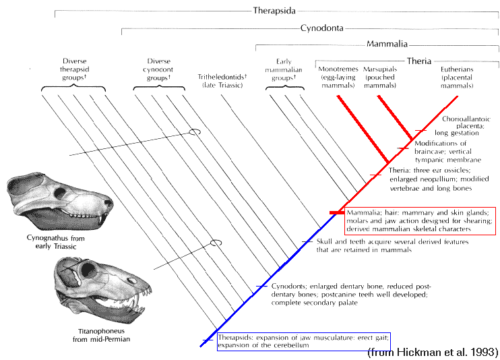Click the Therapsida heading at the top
point(274,11)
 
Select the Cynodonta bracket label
point(321,28)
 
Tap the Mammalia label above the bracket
point(387,43)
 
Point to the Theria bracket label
point(419,61)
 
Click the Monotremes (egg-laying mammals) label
point(338,78)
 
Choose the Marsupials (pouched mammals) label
point(380,78)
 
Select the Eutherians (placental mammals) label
point(457,78)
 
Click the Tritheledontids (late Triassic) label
point(222,81)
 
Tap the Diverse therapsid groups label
point(74,69)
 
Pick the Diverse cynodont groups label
point(158,69)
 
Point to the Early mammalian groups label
point(284,69)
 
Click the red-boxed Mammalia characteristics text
point(419,220)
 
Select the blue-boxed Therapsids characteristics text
point(303,341)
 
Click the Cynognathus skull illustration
point(59,200)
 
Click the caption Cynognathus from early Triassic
point(56,242)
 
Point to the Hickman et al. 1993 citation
point(433,352)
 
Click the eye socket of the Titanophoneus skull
point(88,270)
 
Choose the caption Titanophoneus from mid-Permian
point(101,335)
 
